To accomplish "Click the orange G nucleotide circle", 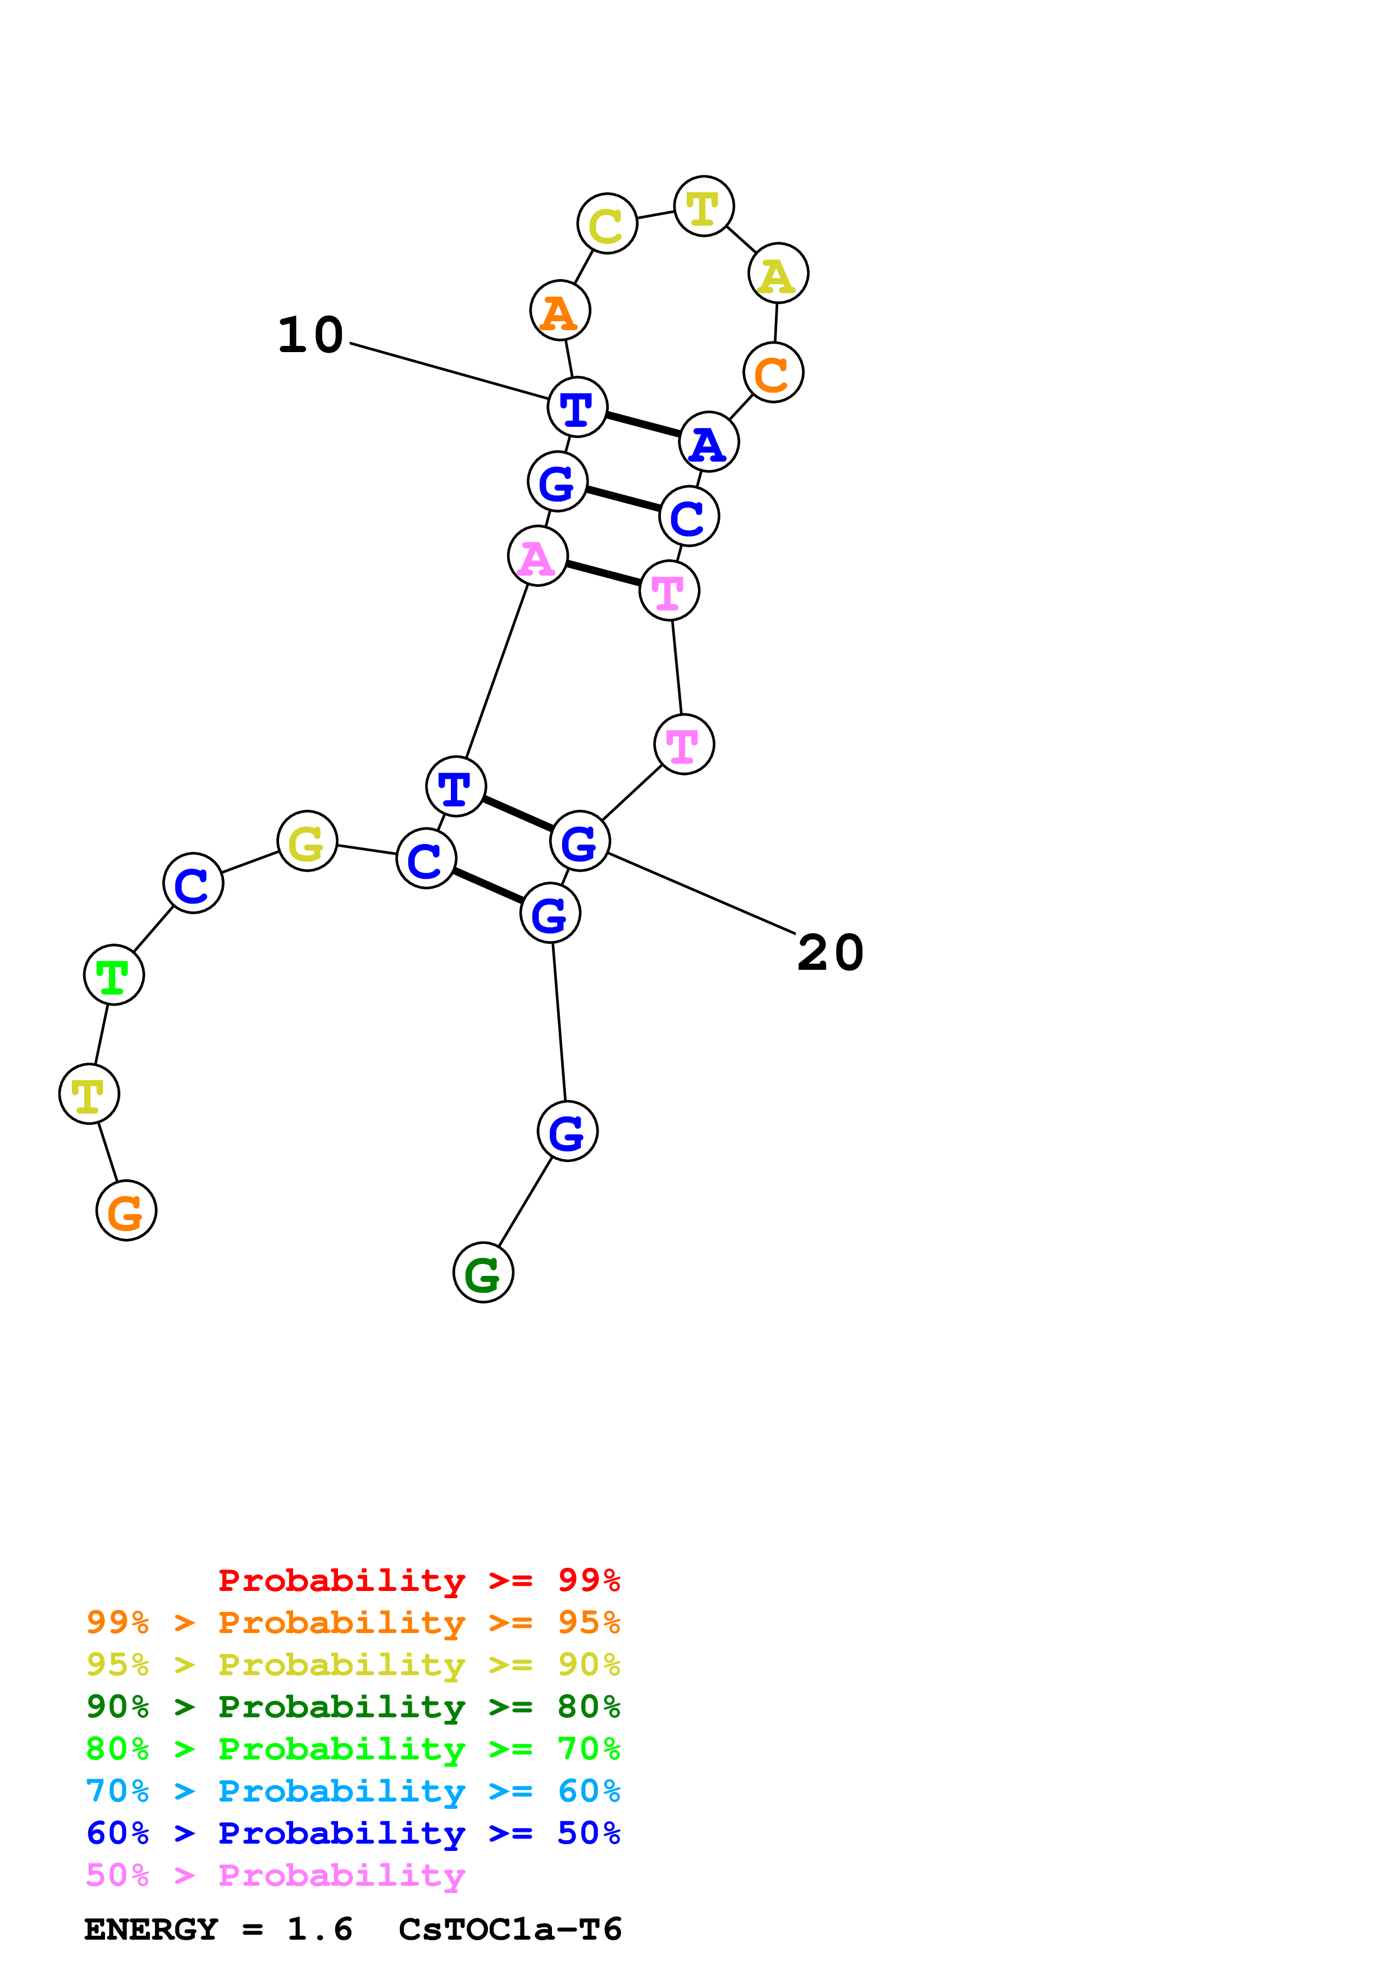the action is pyautogui.click(x=126, y=1211).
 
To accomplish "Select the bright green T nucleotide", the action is pyautogui.click(x=113, y=975).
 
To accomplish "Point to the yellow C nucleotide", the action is pyautogui.click(x=606, y=224).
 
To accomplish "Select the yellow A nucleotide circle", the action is pyautogui.click(x=778, y=273).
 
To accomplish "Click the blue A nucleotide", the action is pyautogui.click(x=709, y=442).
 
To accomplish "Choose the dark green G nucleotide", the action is pyautogui.click(x=483, y=1273).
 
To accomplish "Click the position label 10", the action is pyautogui.click(x=311, y=335).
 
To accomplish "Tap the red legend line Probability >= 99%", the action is pyautogui.click(x=418, y=1580).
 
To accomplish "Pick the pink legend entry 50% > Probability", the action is pyautogui.click(x=275, y=1876).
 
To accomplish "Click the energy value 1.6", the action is pyautogui.click(x=319, y=1929).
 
